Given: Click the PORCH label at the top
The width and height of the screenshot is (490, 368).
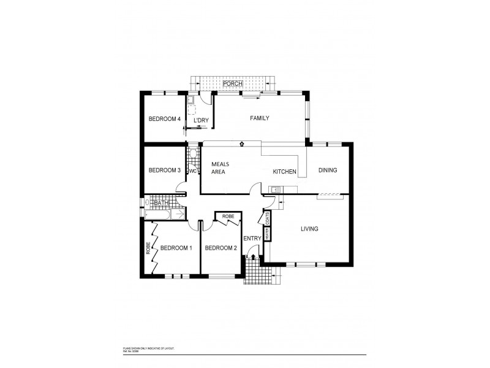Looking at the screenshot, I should click(x=233, y=83).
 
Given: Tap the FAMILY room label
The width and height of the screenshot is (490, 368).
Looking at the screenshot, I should click(x=259, y=118).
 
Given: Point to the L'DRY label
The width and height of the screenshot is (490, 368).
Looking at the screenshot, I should click(x=201, y=121).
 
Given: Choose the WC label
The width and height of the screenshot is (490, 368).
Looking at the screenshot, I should click(x=192, y=171).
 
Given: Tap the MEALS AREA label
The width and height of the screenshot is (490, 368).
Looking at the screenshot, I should click(x=220, y=168).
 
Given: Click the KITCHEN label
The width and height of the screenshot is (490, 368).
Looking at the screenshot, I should click(x=285, y=172).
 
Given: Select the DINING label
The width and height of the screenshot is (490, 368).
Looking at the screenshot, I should click(x=327, y=171).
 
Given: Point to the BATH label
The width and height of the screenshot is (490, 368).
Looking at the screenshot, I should click(x=161, y=203).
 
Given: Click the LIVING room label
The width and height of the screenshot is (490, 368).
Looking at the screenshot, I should click(x=310, y=229).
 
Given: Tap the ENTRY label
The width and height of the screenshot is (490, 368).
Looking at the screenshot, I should click(x=252, y=239).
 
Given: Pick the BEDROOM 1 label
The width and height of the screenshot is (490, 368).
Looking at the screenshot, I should click(x=176, y=248).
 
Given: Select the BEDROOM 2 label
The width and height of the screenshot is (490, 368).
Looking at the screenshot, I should click(x=221, y=248).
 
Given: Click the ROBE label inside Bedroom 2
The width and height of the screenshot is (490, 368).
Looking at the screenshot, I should click(x=228, y=217).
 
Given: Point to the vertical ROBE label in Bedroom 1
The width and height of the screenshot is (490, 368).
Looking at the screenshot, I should click(x=148, y=248).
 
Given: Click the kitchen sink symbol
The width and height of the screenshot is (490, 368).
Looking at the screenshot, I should click(x=276, y=189).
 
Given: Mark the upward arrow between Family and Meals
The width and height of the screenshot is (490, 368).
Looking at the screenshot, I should click(x=243, y=144).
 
